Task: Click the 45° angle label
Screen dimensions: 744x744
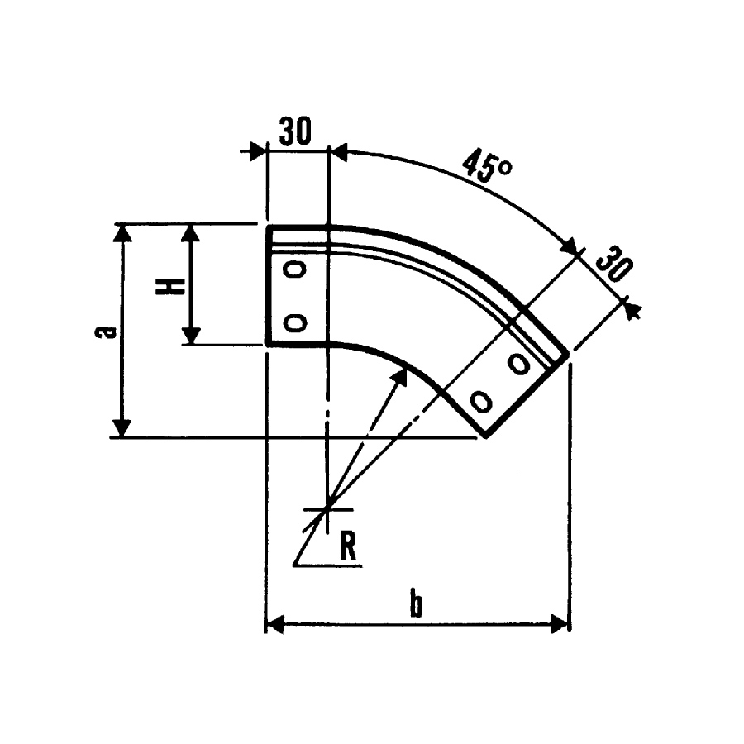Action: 487,166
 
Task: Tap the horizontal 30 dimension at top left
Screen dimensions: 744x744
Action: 295,131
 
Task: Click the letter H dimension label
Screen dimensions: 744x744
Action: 169,287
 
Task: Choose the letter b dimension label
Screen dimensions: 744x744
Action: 416,604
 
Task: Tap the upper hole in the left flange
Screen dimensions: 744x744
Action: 294,269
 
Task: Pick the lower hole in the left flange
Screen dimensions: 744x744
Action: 294,322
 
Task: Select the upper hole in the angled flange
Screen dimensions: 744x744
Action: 519,364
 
